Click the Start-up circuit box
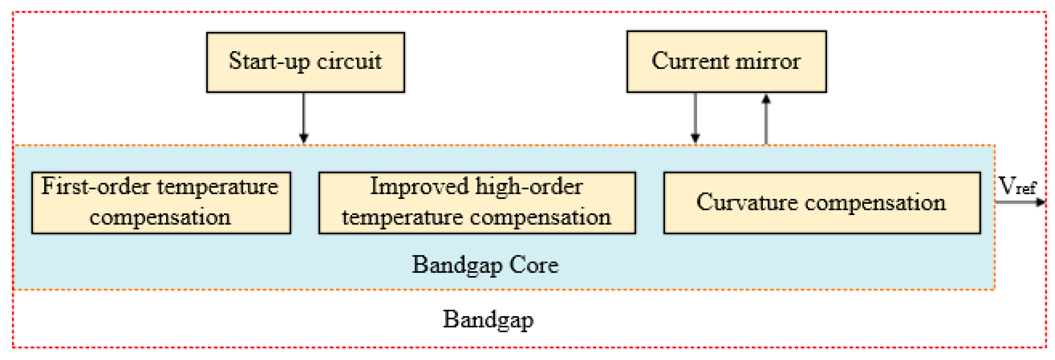[305, 62]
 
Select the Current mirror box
[726, 61]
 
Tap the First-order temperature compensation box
[161, 203]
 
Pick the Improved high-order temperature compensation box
[477, 203]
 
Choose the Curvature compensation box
[821, 203]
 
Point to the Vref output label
[1017, 187]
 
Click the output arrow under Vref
[1020, 202]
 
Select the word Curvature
[747, 202]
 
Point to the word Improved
[419, 187]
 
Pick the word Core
[534, 265]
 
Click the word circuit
[349, 62]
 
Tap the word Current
[690, 61]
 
